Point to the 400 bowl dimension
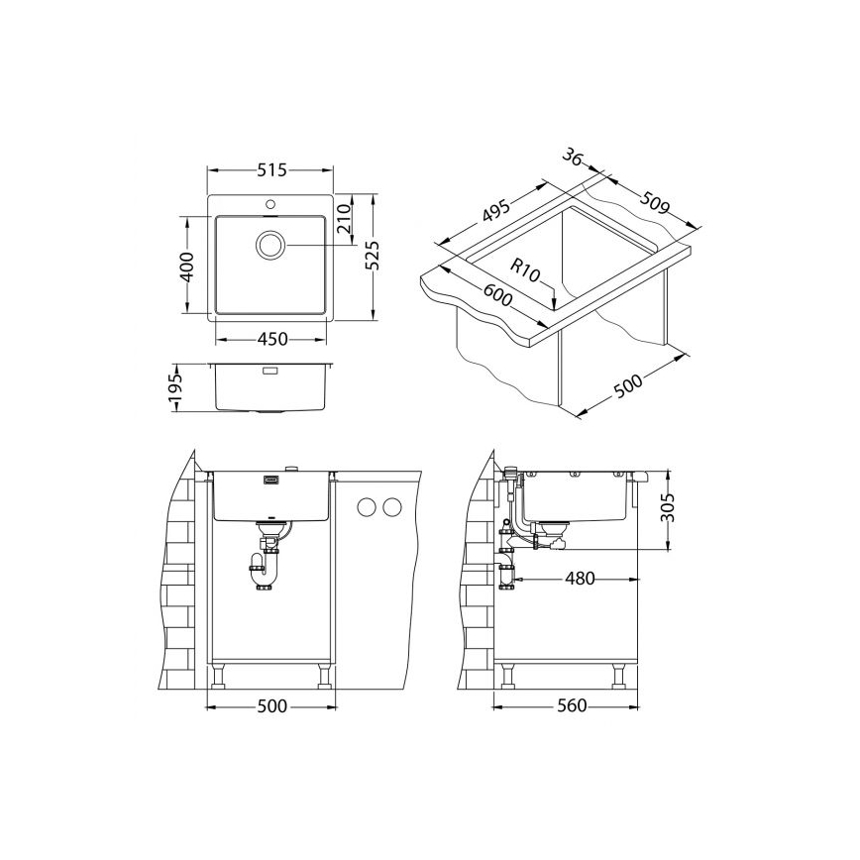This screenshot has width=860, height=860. pyautogui.click(x=185, y=267)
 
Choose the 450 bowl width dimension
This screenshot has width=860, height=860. pyautogui.click(x=271, y=339)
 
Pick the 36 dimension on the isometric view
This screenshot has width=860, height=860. pyautogui.click(x=571, y=159)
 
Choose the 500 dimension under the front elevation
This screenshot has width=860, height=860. pyautogui.click(x=270, y=705)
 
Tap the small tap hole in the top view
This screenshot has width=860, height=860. pyautogui.click(x=269, y=204)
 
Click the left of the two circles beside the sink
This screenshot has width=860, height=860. pyautogui.click(x=366, y=508)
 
